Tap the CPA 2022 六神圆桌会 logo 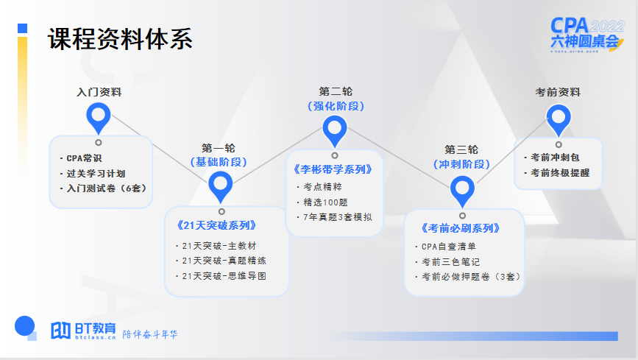586,35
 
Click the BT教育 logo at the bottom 83,331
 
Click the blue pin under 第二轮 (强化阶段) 335,129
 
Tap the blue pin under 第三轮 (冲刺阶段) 462,190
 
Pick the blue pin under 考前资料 559,117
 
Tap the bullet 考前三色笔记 450,262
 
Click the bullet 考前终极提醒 560,173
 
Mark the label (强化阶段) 335,106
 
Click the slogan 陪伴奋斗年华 150,334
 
